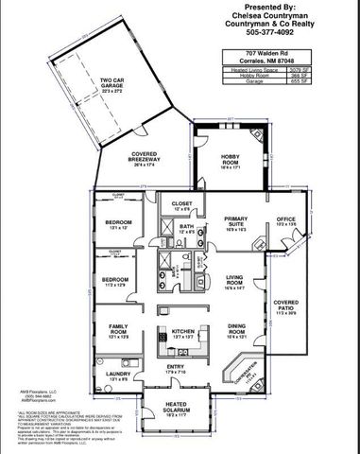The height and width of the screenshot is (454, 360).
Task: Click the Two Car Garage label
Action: click(x=112, y=83)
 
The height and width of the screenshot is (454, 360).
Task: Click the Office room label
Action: click(x=286, y=220)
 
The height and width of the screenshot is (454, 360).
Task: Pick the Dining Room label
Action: click(x=236, y=331)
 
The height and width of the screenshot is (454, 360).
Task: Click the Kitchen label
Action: click(x=182, y=331)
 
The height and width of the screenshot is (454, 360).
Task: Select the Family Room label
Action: click(x=118, y=330)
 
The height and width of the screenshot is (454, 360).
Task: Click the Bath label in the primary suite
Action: click(x=187, y=227)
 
